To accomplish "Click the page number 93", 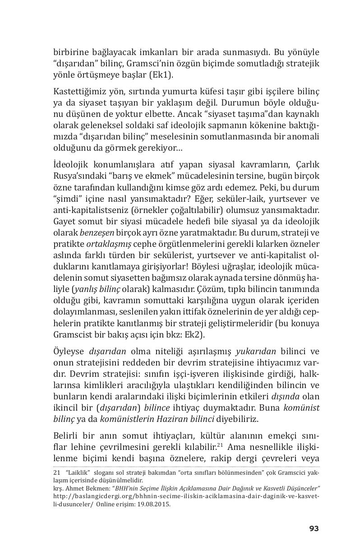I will click(x=314, y=528).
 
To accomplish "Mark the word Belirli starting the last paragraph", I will click(x=67, y=436).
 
